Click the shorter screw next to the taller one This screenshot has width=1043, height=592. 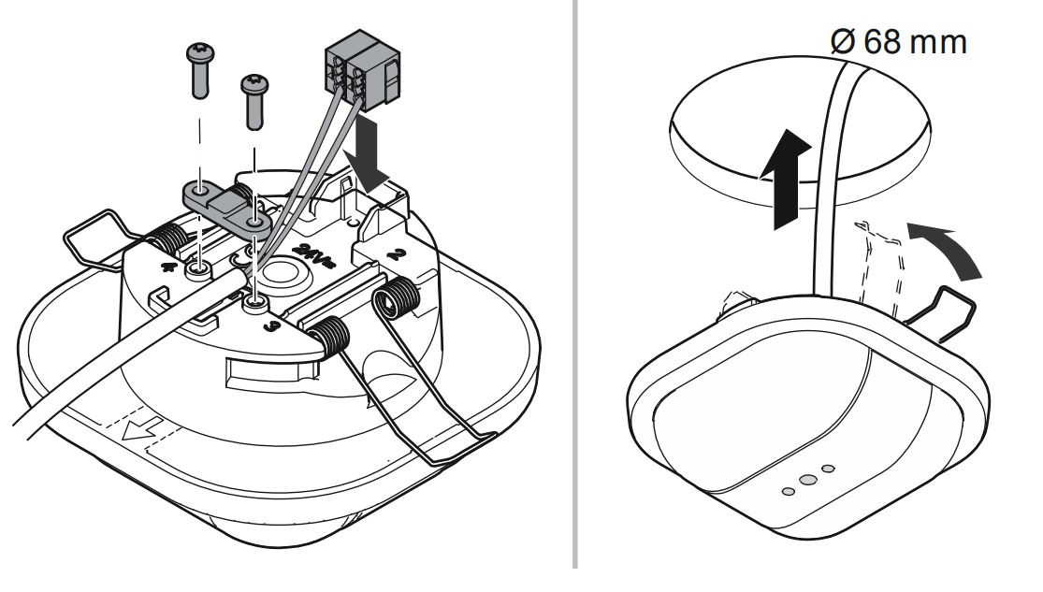click(254, 102)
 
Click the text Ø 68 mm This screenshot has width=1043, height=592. click(897, 42)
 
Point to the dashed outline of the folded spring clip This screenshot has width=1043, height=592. click(878, 263)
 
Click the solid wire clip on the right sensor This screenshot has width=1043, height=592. click(946, 310)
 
